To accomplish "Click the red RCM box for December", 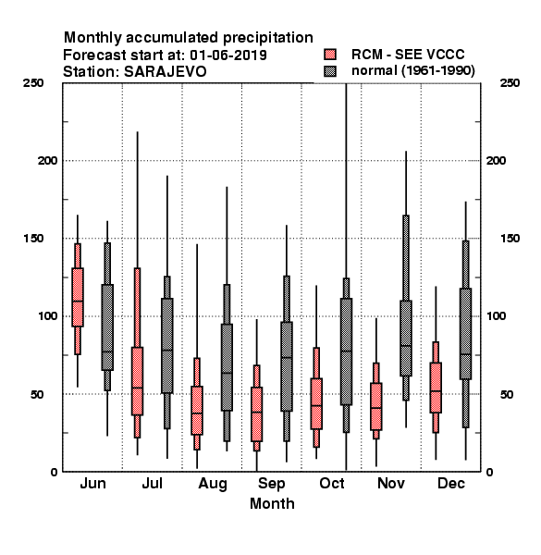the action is click(x=436, y=388).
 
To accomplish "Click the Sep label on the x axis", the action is click(x=271, y=484).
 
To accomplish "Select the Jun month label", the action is click(x=92, y=484).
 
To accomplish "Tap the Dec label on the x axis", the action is click(x=451, y=484).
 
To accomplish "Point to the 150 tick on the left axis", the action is click(x=33, y=239).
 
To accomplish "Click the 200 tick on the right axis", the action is click(x=496, y=161).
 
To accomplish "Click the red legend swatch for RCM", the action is click(x=330, y=55).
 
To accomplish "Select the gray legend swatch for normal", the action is click(x=330, y=71).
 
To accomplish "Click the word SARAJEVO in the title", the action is click(x=166, y=72).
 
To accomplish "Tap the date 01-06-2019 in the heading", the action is click(x=228, y=55).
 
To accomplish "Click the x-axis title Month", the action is click(x=272, y=504).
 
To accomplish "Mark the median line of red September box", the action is click(x=256, y=412).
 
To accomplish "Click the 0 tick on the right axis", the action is click(x=489, y=472).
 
